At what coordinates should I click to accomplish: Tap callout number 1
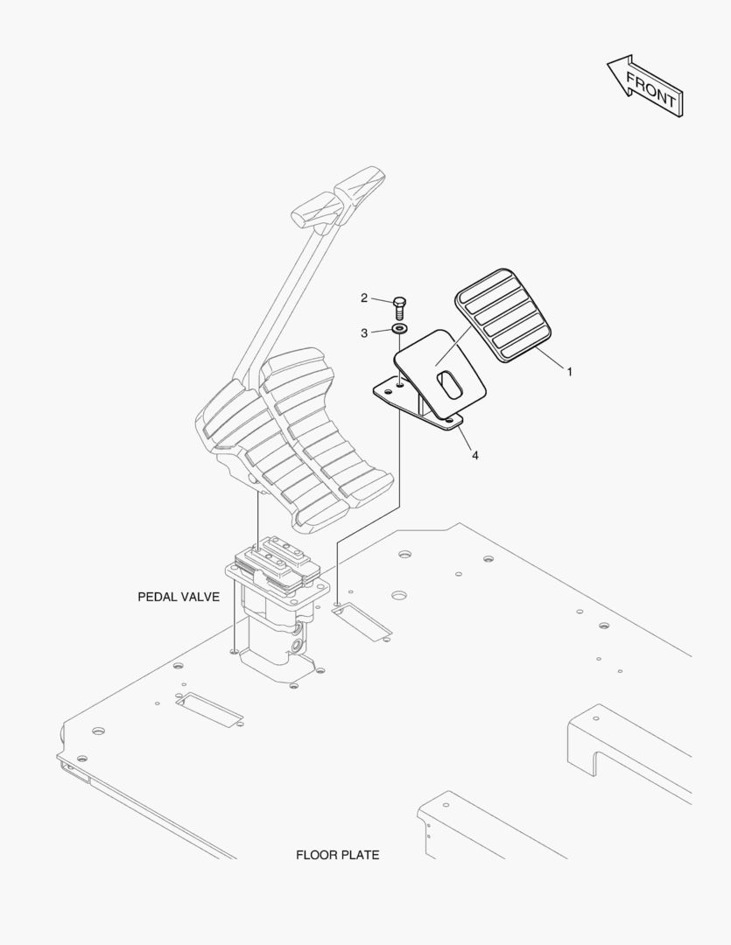570,372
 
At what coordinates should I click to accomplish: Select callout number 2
364,298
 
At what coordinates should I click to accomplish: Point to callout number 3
364,332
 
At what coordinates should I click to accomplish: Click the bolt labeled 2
399,306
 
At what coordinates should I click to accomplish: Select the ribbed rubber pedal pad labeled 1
503,315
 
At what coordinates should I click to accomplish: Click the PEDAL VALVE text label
178,597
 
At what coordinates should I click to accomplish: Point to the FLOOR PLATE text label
337,855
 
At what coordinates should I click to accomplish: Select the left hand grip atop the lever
311,210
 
